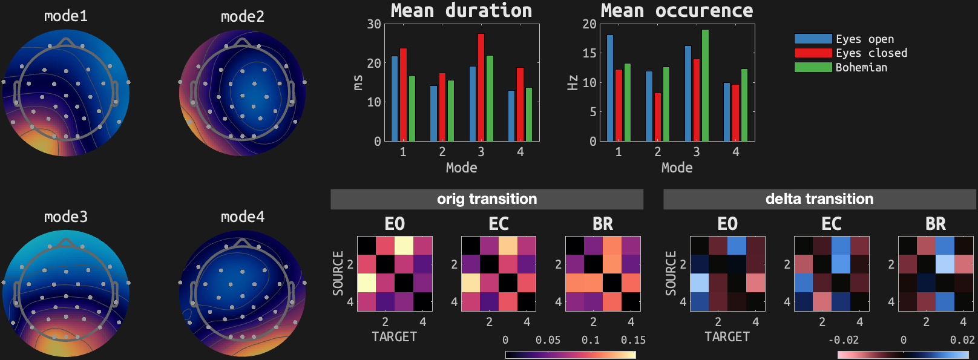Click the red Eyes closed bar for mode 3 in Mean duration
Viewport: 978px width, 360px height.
tap(481, 88)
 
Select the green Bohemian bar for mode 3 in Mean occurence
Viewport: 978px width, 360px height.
tap(705, 85)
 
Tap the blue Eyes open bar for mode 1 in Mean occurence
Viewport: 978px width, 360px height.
tap(610, 88)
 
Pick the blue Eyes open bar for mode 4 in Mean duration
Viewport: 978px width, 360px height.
tap(511, 116)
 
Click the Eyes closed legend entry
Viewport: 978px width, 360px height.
tap(851, 53)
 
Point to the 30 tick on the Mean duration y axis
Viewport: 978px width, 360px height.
tap(374, 24)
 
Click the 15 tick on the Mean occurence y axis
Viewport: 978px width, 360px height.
tap(589, 53)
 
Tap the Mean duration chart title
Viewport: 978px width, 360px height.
tap(461, 10)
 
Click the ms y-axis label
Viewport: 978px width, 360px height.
tap(358, 82)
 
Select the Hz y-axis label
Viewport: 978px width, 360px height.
tap(573, 82)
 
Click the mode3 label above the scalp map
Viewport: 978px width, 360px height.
tap(66, 217)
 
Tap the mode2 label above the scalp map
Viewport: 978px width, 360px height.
tap(243, 16)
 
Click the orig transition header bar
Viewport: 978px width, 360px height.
tap(487, 199)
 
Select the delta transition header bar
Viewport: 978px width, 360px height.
tap(819, 199)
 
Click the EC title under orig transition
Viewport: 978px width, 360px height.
tap(499, 224)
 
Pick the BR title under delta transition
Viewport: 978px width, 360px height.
tap(936, 224)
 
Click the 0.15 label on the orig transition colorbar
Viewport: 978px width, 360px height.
tap(633, 340)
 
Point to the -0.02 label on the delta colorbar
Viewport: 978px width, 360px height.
tap(844, 340)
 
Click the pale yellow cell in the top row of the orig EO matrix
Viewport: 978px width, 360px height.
tap(404, 246)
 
